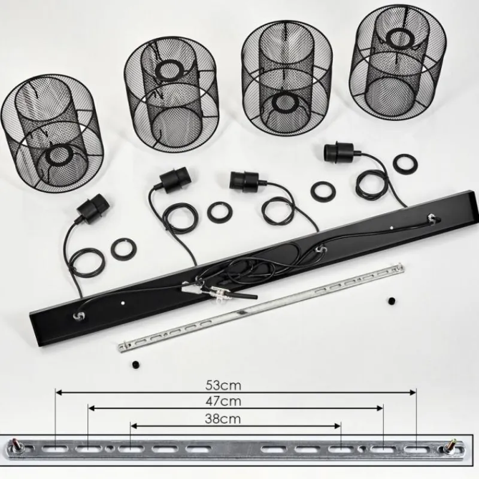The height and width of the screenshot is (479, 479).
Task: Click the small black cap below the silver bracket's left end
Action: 137,365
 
